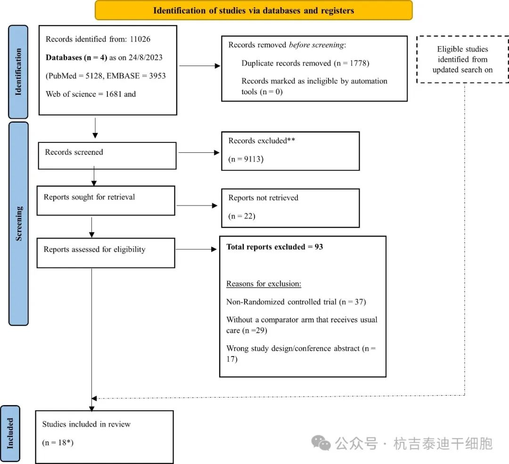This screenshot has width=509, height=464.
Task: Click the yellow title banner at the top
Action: coord(254,10)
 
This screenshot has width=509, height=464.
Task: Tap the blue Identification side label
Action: coord(18,72)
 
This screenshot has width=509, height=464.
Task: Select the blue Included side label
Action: coord(10,433)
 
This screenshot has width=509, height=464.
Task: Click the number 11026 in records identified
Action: coord(140,39)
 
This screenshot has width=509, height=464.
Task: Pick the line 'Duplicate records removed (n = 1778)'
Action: coord(305,63)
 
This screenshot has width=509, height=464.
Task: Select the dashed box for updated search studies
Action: coord(462,59)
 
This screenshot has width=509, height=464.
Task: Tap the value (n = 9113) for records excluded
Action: coord(246,159)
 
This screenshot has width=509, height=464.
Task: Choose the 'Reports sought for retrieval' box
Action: coord(106,200)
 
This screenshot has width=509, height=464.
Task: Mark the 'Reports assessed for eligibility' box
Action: coord(106,253)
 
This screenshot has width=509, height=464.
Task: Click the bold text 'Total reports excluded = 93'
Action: coord(274,247)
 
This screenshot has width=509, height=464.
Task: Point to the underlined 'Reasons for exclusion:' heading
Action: coord(263,284)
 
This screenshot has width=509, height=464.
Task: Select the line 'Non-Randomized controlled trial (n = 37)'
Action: coord(296,302)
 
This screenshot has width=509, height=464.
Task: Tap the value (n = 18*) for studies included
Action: coord(57,442)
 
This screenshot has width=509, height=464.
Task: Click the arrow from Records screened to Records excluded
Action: coord(199,152)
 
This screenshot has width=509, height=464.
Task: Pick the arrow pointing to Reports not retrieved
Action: coord(197,206)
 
